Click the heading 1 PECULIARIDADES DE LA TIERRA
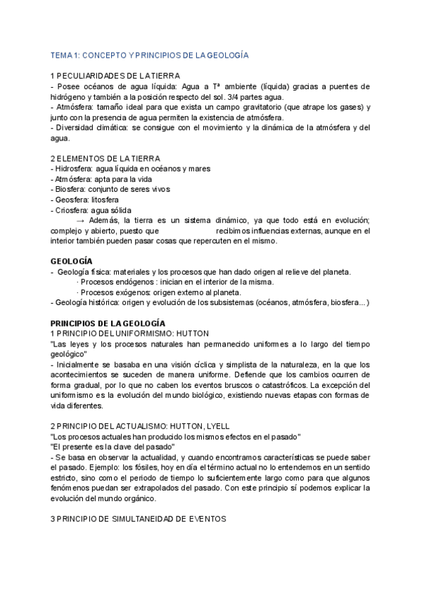pos(115,75)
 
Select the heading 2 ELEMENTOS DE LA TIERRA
pos(105,158)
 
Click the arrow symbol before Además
pos(79,220)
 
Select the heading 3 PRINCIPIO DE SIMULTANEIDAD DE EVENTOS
pos(139,519)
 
